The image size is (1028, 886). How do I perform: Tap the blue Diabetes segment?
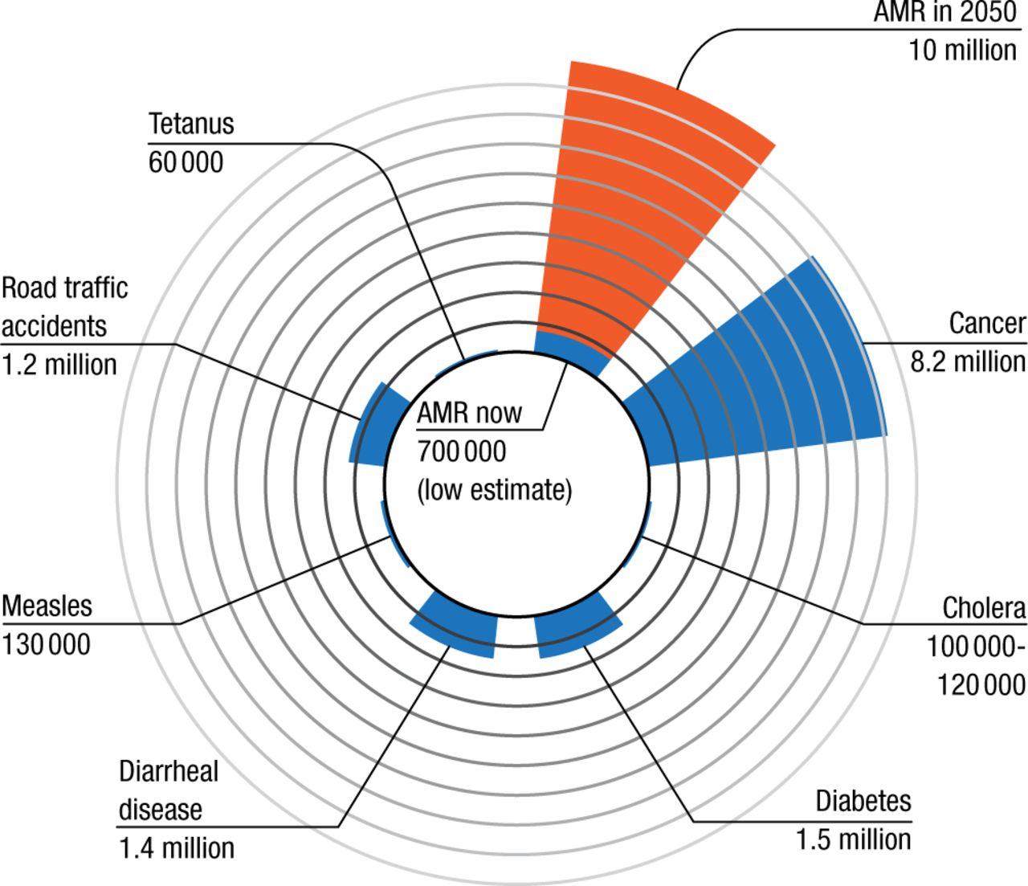pos(575,627)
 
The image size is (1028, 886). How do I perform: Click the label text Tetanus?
pos(191,125)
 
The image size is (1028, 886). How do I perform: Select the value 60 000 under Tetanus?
pos(186,163)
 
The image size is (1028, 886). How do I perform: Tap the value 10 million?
pos(962,51)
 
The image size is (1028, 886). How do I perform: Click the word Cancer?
pos(987,324)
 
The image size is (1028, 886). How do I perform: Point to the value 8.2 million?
pos(967,362)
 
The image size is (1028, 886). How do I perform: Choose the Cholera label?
pos(984,608)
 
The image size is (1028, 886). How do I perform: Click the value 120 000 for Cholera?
pos(981,684)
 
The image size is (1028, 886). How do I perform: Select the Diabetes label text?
pos(863,801)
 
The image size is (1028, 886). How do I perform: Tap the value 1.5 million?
pos(854,839)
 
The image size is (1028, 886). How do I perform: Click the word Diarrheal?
pos(169,771)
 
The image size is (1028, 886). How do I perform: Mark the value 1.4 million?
pos(177,848)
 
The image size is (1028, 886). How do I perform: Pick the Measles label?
pos(47,606)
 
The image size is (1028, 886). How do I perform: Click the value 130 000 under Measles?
pos(47,644)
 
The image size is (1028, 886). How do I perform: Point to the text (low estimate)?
pos(494,490)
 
